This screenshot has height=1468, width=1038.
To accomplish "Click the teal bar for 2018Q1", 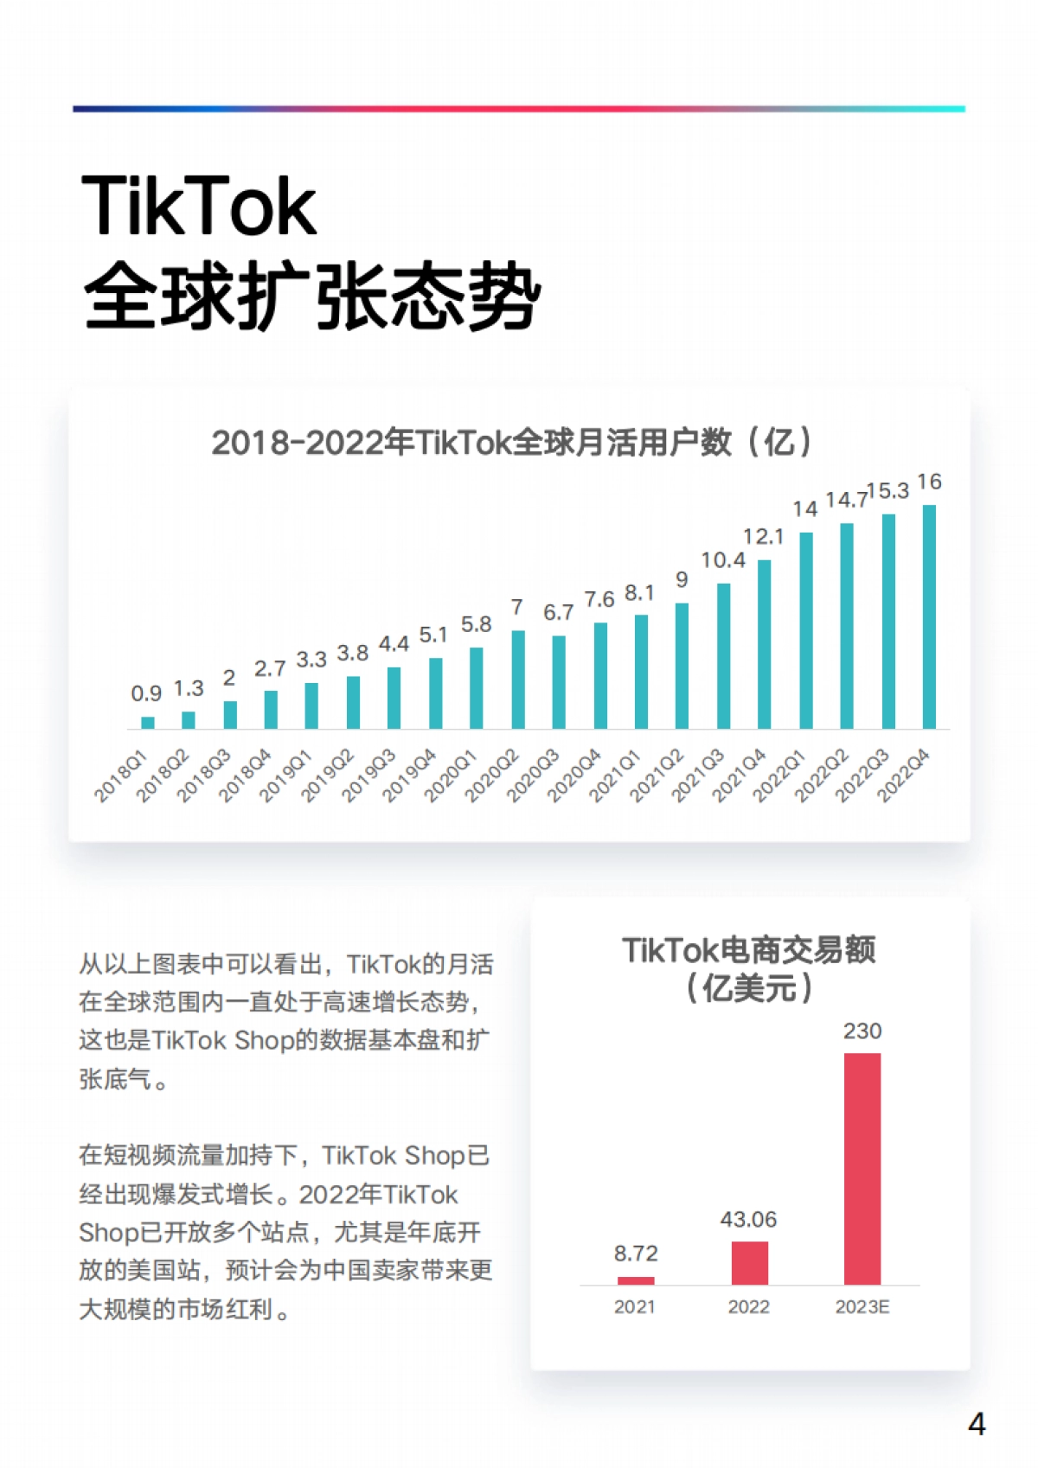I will tap(148, 723).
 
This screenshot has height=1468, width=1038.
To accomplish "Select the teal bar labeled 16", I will tap(929, 617).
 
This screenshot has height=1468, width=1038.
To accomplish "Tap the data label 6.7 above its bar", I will tap(558, 613).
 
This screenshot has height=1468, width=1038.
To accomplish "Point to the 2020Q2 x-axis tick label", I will tap(492, 775).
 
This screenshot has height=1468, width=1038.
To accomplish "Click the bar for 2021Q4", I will tap(764, 644).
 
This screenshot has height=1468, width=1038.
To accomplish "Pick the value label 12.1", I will tap(763, 537).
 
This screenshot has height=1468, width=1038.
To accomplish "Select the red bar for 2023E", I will tap(862, 1169).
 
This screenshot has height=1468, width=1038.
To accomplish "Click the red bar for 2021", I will tap(636, 1280).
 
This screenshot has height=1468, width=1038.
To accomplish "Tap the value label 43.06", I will tap(748, 1220).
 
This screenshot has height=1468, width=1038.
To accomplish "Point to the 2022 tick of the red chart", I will tap(748, 1307).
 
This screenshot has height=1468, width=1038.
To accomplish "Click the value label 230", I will tap(862, 1031).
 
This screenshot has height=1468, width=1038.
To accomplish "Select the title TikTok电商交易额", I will tap(749, 950).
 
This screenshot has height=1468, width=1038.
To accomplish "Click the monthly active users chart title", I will tap(512, 443).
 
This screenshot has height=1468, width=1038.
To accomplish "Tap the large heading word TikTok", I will tap(199, 207).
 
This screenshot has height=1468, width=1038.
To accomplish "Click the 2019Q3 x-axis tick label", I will tap(368, 775).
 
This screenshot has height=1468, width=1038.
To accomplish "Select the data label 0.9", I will tap(146, 693).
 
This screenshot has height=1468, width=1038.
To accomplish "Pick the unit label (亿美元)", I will tap(749, 988).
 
